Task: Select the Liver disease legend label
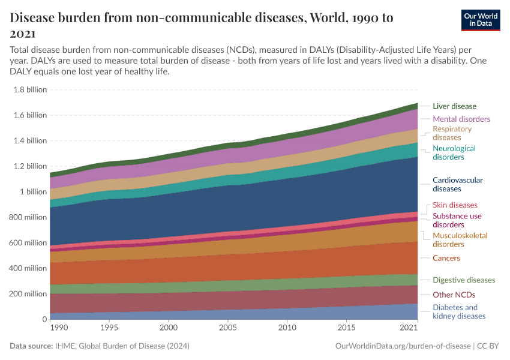point(454,106)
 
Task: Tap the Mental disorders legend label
point(461,119)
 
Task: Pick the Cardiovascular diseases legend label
point(457,184)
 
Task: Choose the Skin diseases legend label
point(455,205)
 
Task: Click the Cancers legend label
point(446,258)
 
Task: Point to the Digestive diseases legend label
point(464,280)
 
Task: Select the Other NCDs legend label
point(454,295)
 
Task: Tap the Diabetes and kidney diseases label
point(459,312)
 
